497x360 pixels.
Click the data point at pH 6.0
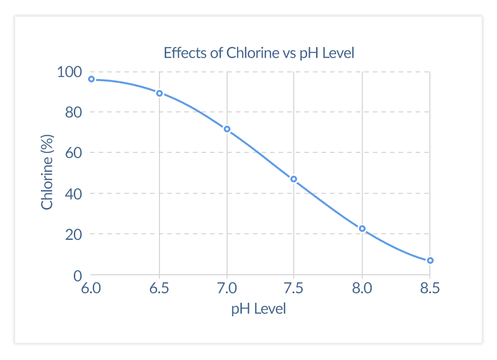pos(91,79)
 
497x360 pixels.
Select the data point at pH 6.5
pos(159,93)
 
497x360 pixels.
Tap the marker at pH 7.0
pos(227,129)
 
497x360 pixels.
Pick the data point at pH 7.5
pos(294,179)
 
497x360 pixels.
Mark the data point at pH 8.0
pos(362,229)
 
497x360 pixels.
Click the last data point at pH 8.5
pos(430,260)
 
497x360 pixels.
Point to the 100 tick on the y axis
pos(70,72)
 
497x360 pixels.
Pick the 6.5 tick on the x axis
pos(159,289)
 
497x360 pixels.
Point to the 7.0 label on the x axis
pos(227,289)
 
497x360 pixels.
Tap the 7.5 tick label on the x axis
pos(294,289)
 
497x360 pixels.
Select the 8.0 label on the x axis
pos(362,289)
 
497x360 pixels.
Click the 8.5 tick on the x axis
pos(429,289)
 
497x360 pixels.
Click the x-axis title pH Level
pos(258,309)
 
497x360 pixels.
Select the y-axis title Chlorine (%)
pos(47,172)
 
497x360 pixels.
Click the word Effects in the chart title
pos(181,52)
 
